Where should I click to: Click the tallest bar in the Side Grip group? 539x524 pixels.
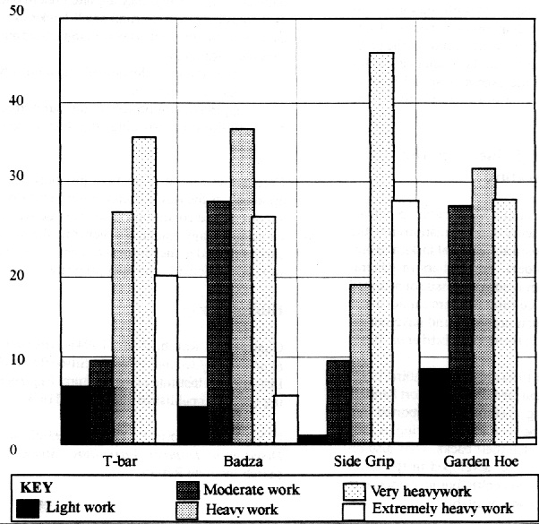(381, 246)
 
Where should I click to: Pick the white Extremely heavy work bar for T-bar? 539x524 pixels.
(167, 358)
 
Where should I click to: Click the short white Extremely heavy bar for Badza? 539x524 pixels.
(286, 418)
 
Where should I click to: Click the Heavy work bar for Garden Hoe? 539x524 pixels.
(483, 305)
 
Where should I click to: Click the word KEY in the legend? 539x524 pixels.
(36, 489)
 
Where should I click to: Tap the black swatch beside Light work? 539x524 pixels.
(29, 508)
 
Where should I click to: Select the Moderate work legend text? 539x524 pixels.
(251, 490)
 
